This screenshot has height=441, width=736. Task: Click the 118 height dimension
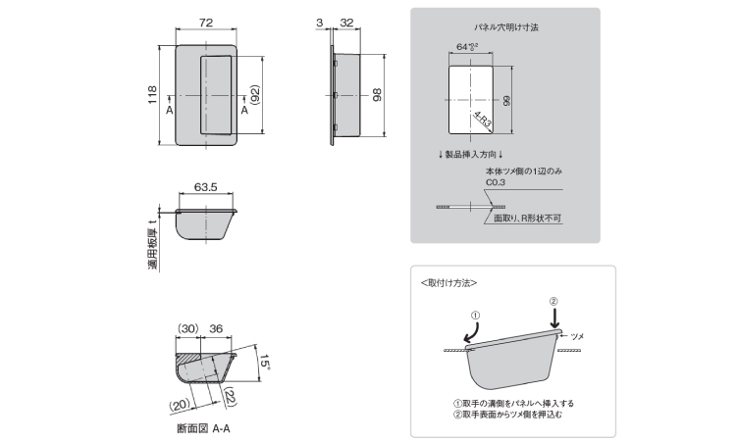tap(154, 96)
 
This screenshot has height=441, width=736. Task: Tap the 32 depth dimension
tap(346, 20)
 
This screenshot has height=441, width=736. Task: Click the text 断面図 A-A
tap(204, 428)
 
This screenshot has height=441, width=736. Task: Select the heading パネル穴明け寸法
tap(504, 27)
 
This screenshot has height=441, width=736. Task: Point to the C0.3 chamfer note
tap(494, 181)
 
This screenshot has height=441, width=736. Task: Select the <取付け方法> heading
tap(448, 282)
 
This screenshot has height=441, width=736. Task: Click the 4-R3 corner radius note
tap(483, 122)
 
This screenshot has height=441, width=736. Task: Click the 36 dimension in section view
tap(216, 329)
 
